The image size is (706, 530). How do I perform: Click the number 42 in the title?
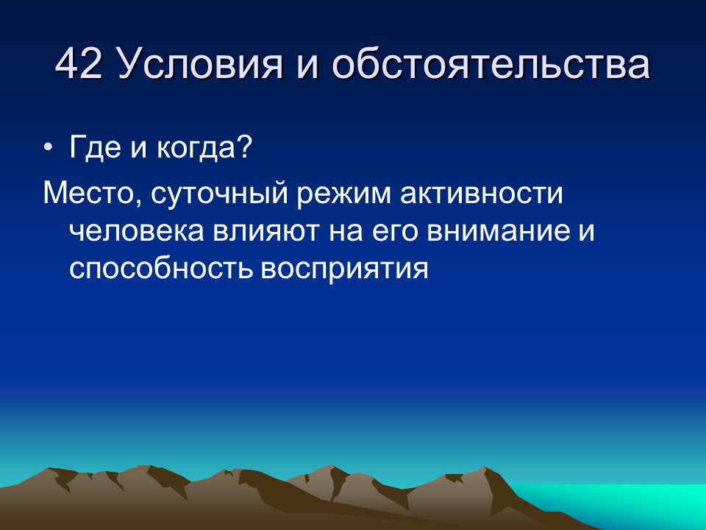[79, 65]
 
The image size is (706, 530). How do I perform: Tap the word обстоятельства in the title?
[491, 65]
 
